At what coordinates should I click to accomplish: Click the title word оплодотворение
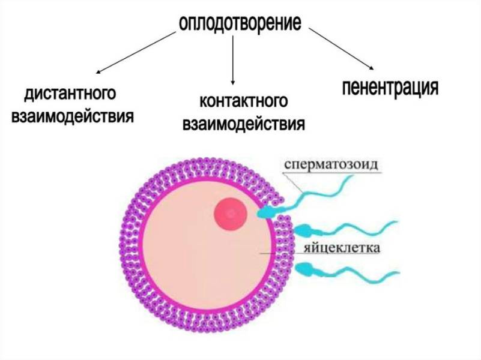tap(240, 23)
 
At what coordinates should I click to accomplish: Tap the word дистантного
tap(70, 94)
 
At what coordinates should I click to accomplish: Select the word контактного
tap(244, 101)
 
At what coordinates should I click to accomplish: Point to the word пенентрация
tap(390, 88)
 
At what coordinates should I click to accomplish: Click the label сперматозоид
tap(331, 164)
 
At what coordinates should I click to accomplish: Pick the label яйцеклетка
tap(342, 248)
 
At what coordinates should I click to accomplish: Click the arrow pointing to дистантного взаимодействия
tap(136, 53)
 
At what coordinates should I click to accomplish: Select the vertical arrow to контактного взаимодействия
tap(233, 60)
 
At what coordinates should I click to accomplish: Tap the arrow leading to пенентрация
tap(341, 49)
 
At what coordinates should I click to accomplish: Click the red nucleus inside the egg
tap(231, 214)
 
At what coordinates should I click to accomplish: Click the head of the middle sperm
tap(303, 230)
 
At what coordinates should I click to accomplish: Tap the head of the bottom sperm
tap(304, 268)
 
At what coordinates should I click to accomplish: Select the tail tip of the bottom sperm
tap(399, 272)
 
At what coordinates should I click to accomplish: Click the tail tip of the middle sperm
tap(398, 222)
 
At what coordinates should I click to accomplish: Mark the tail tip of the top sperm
tap(352, 176)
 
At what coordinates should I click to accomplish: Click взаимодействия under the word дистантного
tap(73, 116)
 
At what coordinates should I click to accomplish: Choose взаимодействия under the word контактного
tap(244, 124)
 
